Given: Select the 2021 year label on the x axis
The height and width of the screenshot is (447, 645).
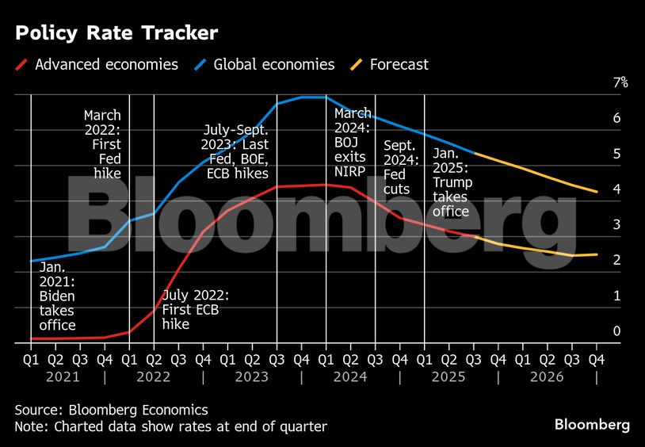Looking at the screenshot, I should pos(63,377).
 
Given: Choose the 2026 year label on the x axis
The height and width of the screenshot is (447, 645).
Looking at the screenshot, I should pos(546,377).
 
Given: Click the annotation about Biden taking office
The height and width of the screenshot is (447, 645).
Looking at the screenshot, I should pos(58,298).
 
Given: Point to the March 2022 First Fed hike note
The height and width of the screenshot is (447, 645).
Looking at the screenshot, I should pos(102,144).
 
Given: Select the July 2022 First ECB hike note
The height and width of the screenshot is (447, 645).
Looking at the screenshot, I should pos(195,310).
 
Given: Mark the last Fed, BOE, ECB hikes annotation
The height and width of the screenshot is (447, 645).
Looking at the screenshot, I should pos(235,151).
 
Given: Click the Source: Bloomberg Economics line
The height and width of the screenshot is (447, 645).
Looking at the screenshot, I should pos(112,410).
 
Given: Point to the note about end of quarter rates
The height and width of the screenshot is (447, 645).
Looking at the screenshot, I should pos(171,427).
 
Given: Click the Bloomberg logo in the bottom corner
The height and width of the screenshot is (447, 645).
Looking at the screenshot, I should pos(592,425).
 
